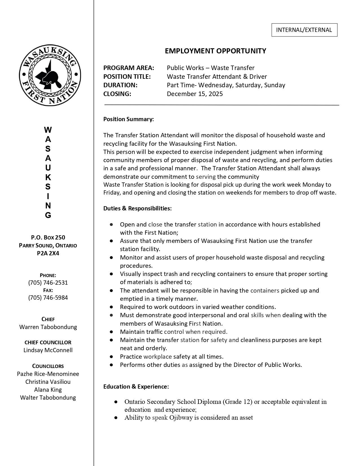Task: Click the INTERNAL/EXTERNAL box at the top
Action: [304, 30]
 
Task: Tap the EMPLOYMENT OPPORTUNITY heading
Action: [215, 51]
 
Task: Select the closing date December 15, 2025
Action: [195, 94]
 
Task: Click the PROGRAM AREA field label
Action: [129, 68]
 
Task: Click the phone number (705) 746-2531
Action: [48, 283]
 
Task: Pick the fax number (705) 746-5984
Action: [48, 298]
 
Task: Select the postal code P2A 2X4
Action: [48, 253]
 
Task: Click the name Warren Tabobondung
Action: [48, 327]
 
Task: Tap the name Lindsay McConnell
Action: [48, 350]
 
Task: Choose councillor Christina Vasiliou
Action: [48, 382]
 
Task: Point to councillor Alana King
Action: [48, 390]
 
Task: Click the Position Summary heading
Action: [128, 119]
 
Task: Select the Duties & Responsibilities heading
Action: [138, 208]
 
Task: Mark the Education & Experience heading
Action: [136, 387]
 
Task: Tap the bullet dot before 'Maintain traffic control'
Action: [112, 332]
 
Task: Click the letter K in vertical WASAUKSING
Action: [48, 177]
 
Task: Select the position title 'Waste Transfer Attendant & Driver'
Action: [217, 77]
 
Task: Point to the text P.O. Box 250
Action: [48, 238]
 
